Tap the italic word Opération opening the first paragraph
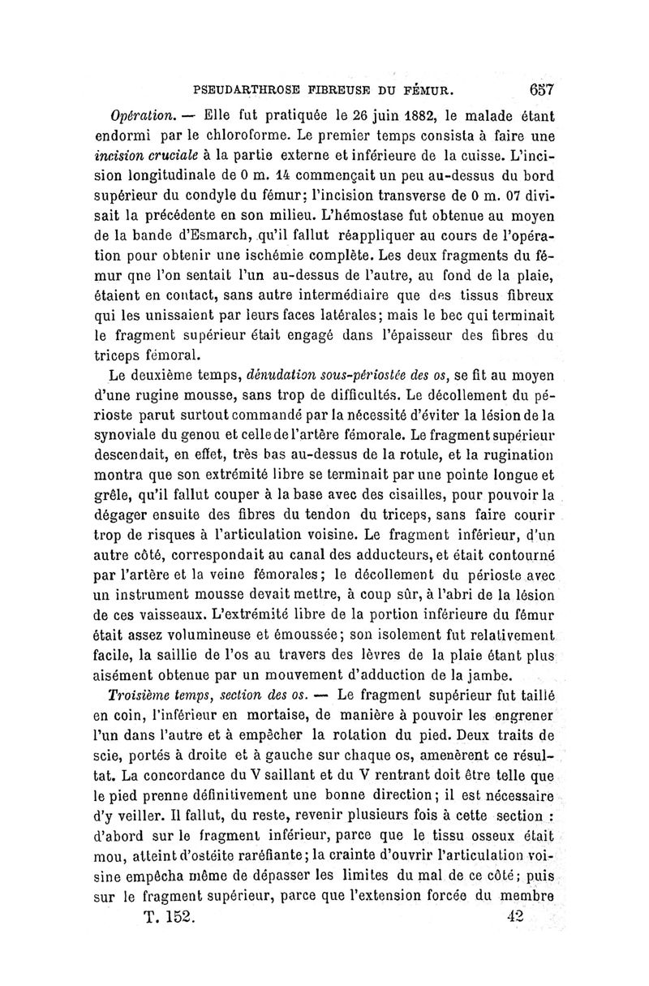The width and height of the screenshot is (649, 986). click(140, 114)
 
